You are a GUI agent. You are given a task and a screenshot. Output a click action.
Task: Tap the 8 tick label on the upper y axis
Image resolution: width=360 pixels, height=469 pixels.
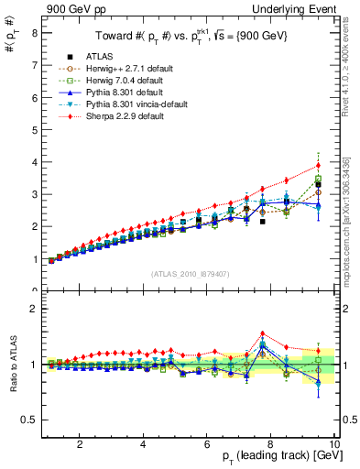(34, 32)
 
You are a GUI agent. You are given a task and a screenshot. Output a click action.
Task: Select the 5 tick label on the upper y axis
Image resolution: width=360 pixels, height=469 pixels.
(34, 129)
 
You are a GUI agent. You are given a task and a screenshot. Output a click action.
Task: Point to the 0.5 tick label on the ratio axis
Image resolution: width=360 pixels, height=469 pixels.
(29, 420)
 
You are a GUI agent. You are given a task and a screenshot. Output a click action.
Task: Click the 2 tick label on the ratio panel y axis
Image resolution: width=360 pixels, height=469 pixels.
(34, 309)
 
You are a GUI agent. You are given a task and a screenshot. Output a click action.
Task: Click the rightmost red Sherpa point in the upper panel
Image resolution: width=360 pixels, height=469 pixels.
(318, 166)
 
